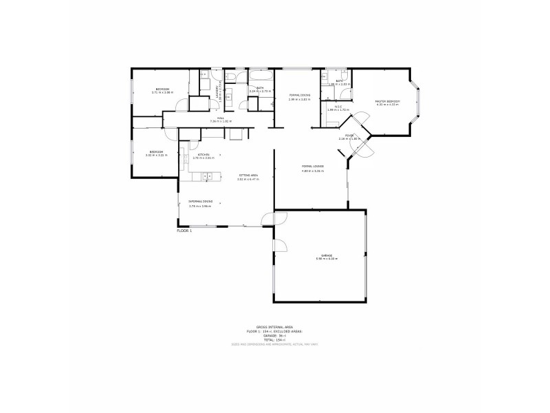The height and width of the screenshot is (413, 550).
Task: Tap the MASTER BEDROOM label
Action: click(x=387, y=101)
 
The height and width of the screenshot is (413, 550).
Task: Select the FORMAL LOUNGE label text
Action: click(x=313, y=167)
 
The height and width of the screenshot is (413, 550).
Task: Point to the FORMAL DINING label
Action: click(x=300, y=95)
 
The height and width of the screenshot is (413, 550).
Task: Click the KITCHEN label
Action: click(x=203, y=154)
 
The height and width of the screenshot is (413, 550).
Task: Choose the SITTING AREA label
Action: click(x=248, y=176)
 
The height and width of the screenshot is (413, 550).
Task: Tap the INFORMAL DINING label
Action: click(x=201, y=201)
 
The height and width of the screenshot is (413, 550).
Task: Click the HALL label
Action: click(x=221, y=118)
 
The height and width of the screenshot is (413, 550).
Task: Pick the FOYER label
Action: click(x=349, y=136)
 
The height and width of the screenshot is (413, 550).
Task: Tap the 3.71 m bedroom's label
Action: click(x=163, y=89)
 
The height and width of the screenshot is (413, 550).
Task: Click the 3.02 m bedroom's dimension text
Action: click(x=156, y=155)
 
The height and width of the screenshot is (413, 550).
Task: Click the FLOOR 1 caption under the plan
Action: click(x=184, y=231)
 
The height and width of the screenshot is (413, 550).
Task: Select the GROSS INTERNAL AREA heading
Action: click(x=274, y=327)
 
